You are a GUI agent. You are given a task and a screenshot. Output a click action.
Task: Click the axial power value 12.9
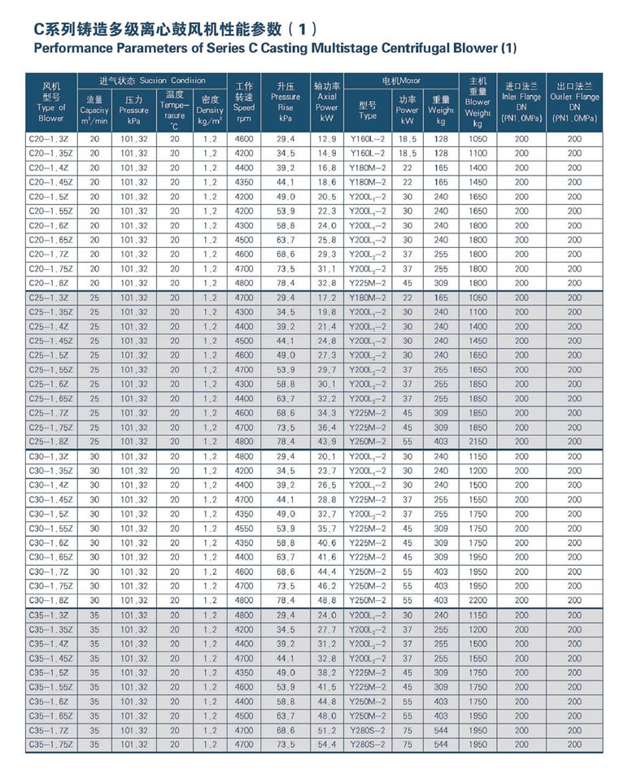326,139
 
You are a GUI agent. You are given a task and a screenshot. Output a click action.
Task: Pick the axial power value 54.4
326,744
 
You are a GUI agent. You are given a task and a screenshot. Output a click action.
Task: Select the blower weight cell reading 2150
478,441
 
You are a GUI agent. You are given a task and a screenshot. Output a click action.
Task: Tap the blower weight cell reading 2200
478,600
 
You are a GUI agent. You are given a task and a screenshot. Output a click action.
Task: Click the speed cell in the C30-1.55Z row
244,528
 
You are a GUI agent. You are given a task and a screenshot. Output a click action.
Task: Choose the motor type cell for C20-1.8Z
368,283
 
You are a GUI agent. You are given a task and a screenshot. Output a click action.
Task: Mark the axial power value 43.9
326,441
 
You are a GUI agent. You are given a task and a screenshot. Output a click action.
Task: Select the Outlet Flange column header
574,102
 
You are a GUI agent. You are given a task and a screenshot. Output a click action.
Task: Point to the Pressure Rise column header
285,102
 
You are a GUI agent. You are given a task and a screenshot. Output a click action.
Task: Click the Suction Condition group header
151,80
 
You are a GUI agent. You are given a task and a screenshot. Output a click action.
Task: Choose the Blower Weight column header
478,102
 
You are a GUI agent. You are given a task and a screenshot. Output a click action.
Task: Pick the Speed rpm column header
244,102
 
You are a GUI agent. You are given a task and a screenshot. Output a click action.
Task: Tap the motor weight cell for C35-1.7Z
441,730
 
